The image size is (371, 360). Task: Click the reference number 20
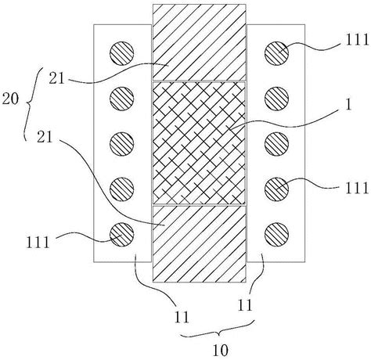(10, 99)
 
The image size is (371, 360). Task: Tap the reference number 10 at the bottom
(221, 351)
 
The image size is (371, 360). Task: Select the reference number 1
(348, 104)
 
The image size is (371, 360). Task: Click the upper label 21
(56, 78)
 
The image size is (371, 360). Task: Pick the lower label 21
(45, 137)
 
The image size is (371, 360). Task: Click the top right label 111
(357, 40)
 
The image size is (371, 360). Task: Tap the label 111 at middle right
(357, 188)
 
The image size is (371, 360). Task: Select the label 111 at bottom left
(38, 243)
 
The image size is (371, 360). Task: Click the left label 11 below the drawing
(182, 318)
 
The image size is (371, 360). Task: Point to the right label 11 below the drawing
(245, 305)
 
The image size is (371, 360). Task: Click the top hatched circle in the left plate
(122, 53)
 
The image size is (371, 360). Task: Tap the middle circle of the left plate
(122, 144)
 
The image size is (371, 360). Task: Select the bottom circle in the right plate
(276, 235)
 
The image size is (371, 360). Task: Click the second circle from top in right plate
(276, 99)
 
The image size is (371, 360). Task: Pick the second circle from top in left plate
(122, 99)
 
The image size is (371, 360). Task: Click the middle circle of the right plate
(276, 144)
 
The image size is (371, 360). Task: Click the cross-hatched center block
(199, 143)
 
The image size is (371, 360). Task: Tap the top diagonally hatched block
(200, 42)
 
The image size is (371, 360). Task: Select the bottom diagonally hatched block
(200, 244)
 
